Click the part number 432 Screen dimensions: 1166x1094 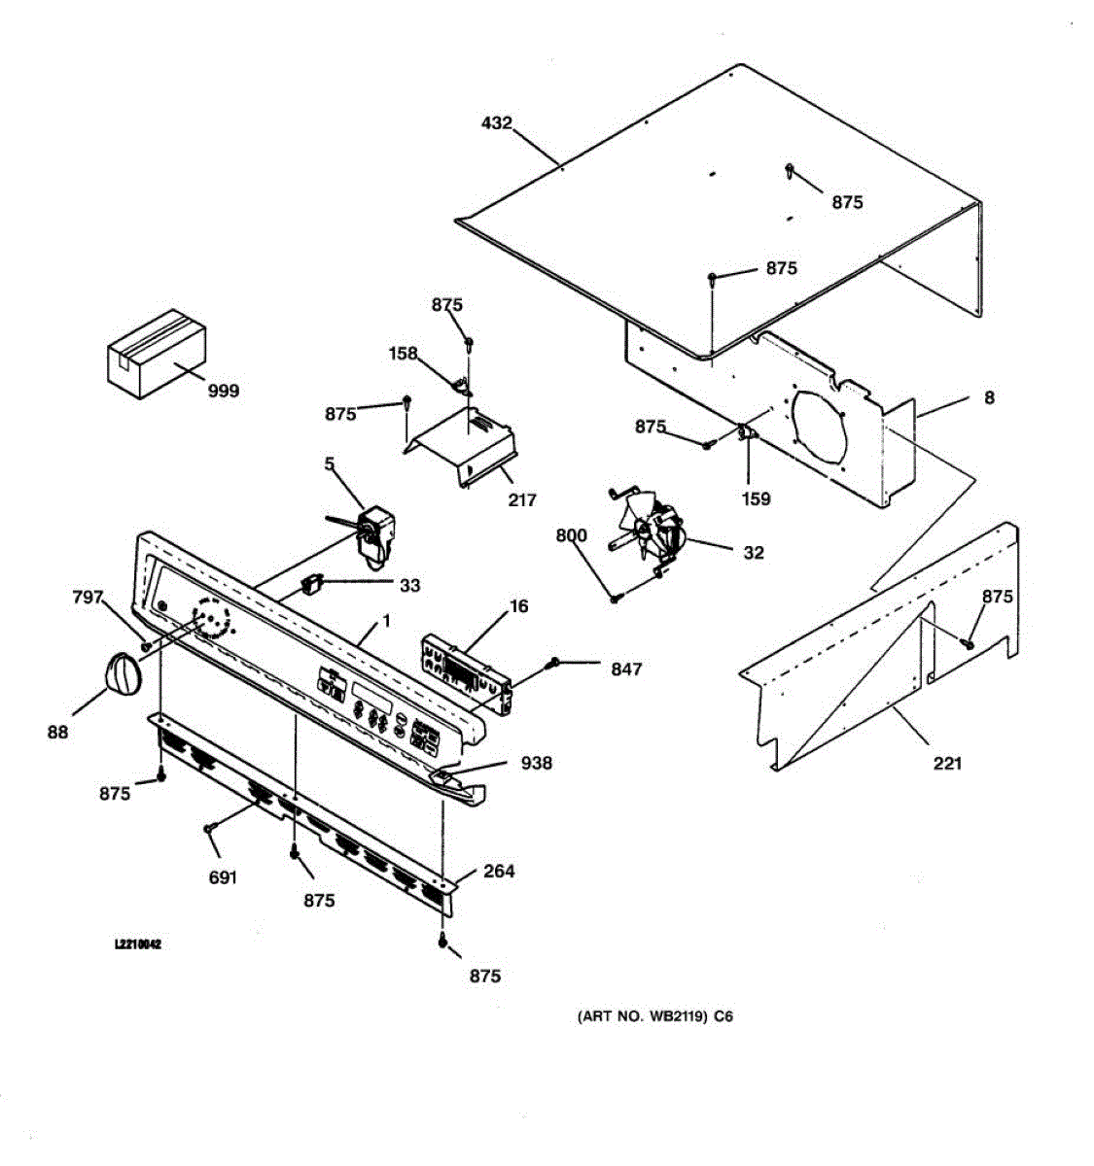pyautogui.click(x=496, y=123)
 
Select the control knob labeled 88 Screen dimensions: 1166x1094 pyautogui.click(x=121, y=673)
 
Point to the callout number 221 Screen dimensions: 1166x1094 pyautogui.click(x=946, y=763)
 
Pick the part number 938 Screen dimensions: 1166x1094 pyautogui.click(x=536, y=763)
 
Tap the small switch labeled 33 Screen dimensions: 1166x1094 pyautogui.click(x=312, y=584)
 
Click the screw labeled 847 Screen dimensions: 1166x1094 pyautogui.click(x=553, y=663)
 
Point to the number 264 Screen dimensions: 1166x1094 pyautogui.click(x=498, y=871)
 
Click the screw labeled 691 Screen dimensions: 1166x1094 pyautogui.click(x=208, y=827)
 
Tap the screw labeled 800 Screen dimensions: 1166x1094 pyautogui.click(x=616, y=600)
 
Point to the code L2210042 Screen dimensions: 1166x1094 pyautogui.click(x=138, y=944)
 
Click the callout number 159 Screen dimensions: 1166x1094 pyautogui.click(x=756, y=498)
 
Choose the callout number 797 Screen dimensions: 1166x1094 pyautogui.click(x=88, y=598)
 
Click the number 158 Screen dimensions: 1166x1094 pyautogui.click(x=403, y=354)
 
